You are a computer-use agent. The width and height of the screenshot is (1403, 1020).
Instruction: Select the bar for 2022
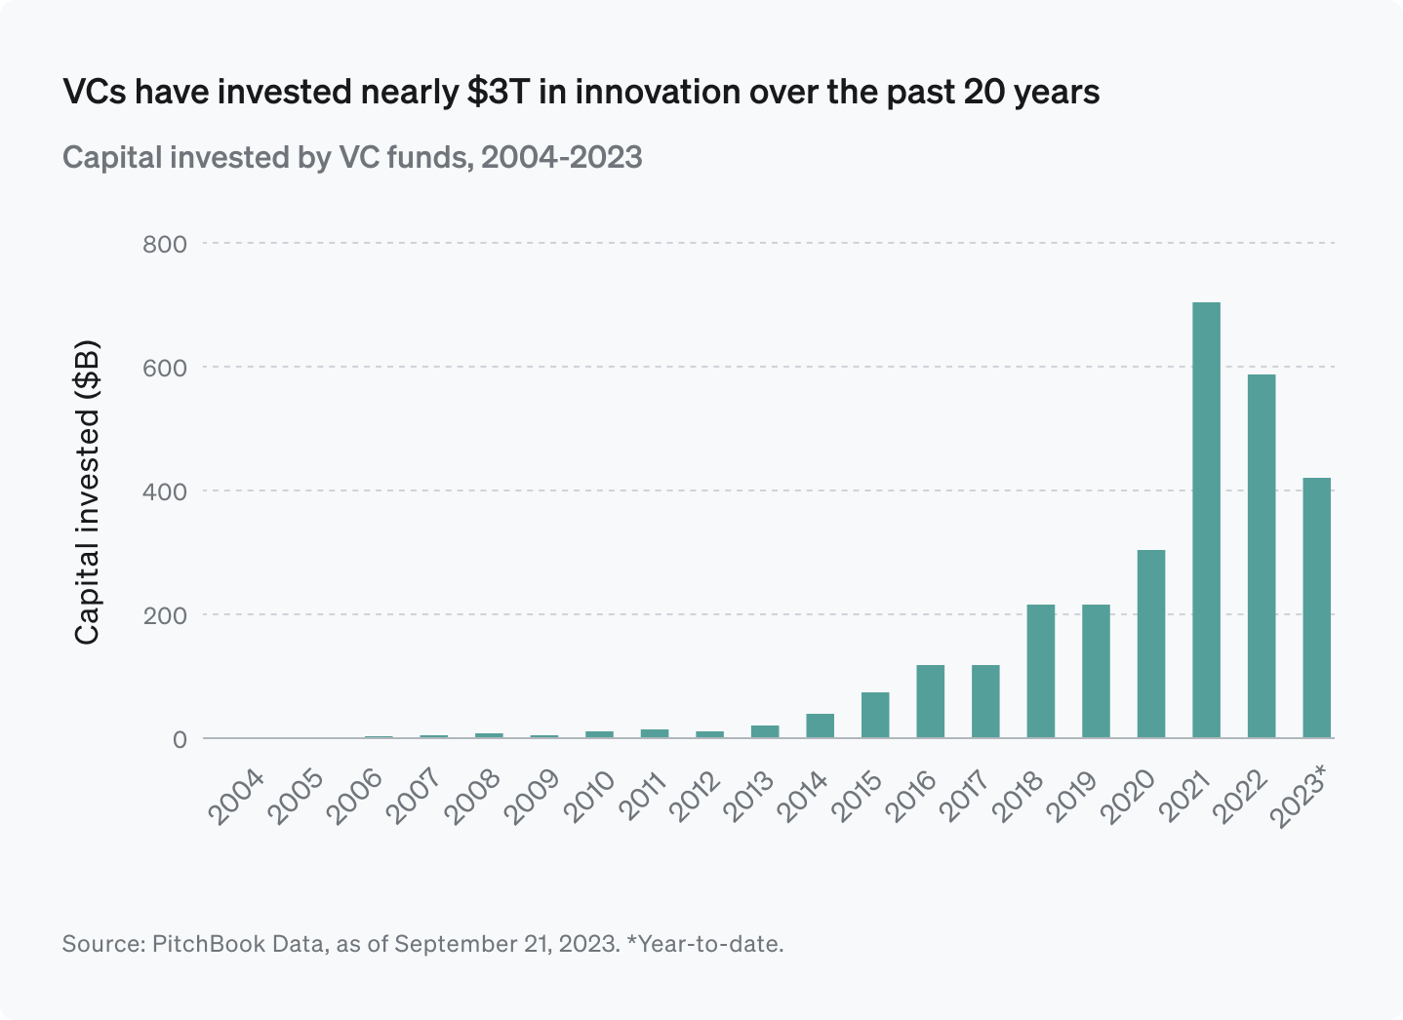tap(1261, 556)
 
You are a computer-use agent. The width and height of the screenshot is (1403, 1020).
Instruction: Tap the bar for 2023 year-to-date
tap(1316, 608)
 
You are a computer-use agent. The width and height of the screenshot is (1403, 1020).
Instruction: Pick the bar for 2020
tap(1150, 644)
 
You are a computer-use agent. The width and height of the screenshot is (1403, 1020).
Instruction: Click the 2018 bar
tap(1040, 671)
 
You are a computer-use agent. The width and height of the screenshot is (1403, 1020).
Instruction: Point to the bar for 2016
tap(930, 701)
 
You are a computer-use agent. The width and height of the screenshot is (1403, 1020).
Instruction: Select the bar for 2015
tap(875, 715)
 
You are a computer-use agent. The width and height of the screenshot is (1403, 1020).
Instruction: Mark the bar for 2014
tap(820, 726)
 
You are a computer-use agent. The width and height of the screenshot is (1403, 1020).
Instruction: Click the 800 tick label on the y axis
tap(164, 244)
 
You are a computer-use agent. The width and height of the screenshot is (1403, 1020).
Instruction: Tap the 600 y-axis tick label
tap(164, 368)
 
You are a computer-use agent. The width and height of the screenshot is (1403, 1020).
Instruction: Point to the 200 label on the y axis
tap(164, 615)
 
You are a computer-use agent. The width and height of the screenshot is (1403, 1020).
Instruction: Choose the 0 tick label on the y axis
tap(180, 739)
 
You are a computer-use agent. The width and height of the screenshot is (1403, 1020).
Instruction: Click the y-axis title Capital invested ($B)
tap(88, 491)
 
